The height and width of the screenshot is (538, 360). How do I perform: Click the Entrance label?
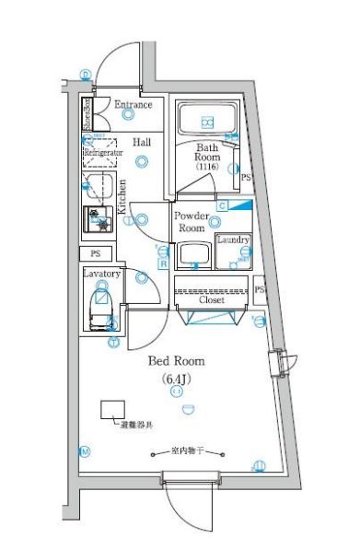[x=133, y=105]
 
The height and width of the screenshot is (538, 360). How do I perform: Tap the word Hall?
[x=142, y=142]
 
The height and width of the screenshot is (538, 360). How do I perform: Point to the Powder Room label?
[x=191, y=221]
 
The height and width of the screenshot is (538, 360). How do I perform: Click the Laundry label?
[x=233, y=240]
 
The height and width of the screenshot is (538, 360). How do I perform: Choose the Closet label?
[x=212, y=300]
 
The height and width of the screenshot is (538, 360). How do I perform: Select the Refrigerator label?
[x=103, y=153]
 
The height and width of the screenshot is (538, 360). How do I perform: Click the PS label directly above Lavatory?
[x=95, y=253]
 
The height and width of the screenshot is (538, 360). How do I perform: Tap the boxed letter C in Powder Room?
[x=222, y=206]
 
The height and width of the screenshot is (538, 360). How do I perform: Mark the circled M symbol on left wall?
[x=85, y=452]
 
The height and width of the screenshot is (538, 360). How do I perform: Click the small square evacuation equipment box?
[x=113, y=409]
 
